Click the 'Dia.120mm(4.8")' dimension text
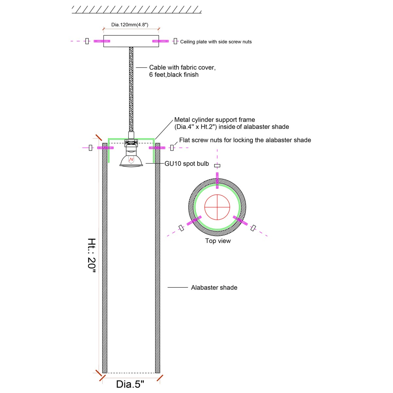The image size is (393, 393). (130, 25)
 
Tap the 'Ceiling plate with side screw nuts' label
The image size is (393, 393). (216, 42)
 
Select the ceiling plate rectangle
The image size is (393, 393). (131, 41)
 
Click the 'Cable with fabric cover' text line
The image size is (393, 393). (182, 67)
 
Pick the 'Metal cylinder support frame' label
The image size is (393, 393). (215, 120)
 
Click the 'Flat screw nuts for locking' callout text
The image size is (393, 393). (245, 140)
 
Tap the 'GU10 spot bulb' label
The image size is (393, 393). (187, 164)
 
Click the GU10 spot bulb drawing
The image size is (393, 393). (131, 159)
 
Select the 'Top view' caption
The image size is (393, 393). (218, 241)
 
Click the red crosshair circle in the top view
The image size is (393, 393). (217, 207)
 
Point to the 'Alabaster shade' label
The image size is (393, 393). (214, 288)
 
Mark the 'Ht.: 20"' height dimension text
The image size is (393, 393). (91, 255)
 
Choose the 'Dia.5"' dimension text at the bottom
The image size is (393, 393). (130, 384)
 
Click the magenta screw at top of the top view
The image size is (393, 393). (217, 180)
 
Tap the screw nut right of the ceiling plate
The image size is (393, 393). (175, 41)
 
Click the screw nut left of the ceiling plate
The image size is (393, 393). (87, 41)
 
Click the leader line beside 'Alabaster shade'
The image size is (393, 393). (178, 288)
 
